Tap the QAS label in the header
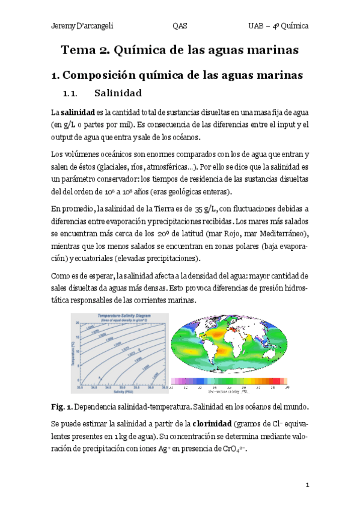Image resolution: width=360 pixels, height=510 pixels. click(x=179, y=26)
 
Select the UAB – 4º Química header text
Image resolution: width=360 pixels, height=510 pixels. click(x=278, y=26)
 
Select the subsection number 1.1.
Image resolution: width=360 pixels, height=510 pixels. click(x=72, y=94)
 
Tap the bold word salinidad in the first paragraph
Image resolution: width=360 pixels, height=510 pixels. click(x=78, y=112)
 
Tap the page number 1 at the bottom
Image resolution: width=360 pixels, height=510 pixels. click(x=307, y=485)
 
